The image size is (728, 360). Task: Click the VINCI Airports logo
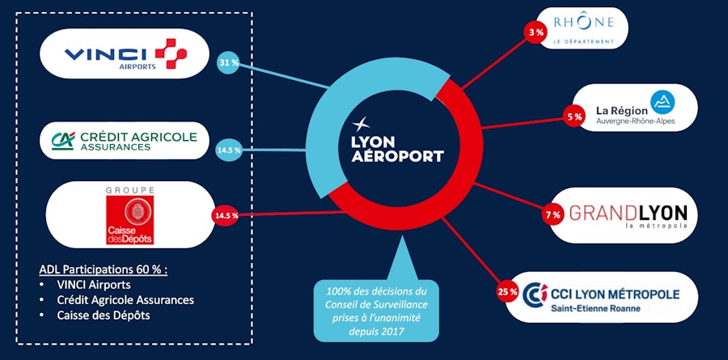pos(125,54)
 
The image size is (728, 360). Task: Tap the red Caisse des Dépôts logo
pos(129,215)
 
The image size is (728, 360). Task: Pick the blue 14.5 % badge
pos(228,150)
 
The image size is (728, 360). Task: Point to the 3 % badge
pos(535,32)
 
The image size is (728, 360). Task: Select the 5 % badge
pos(574,116)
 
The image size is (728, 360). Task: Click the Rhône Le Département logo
pos(582,28)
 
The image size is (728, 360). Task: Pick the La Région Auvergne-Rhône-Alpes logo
pos(634,110)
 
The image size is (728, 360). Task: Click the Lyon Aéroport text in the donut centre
pos(398,149)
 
